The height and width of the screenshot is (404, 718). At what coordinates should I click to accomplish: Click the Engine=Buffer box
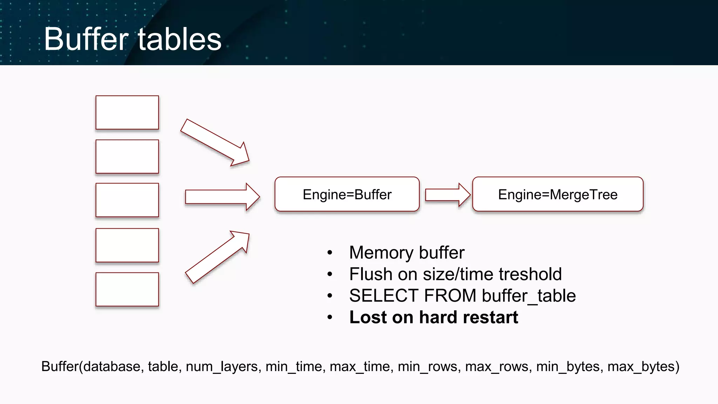(x=347, y=194)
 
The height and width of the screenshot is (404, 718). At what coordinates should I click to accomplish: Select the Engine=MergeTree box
(x=557, y=194)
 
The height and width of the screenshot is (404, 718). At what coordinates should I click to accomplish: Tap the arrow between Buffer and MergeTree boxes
(x=447, y=195)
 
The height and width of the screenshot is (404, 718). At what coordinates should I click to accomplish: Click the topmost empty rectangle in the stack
(x=127, y=113)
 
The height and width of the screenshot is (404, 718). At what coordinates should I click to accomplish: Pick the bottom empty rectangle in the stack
(x=127, y=289)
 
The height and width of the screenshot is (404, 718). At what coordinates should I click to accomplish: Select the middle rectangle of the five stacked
(x=127, y=200)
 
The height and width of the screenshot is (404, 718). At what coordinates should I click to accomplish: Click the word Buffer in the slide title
(x=86, y=39)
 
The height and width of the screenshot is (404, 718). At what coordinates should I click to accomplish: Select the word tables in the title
(x=179, y=39)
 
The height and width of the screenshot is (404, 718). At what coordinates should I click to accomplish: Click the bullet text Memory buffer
(x=407, y=252)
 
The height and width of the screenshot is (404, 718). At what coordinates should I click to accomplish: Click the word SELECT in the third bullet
(x=384, y=296)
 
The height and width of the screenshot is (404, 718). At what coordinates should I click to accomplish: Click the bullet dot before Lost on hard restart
(x=330, y=318)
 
